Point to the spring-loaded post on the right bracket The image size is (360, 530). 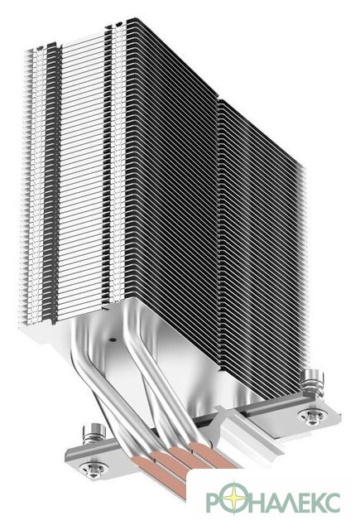312,383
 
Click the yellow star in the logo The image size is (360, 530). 233,499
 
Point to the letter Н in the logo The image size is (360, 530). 255,503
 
